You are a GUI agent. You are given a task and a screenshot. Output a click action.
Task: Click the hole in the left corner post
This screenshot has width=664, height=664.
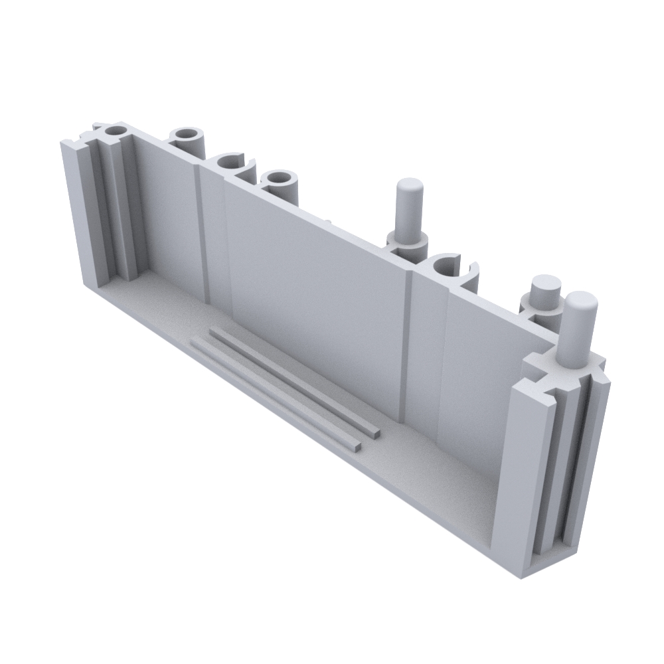116,131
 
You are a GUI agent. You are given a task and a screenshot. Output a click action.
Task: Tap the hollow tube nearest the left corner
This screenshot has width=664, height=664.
189,138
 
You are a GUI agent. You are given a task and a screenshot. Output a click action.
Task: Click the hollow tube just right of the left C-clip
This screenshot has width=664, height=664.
280,180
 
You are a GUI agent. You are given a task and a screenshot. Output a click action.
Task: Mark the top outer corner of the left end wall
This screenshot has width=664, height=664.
64,143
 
